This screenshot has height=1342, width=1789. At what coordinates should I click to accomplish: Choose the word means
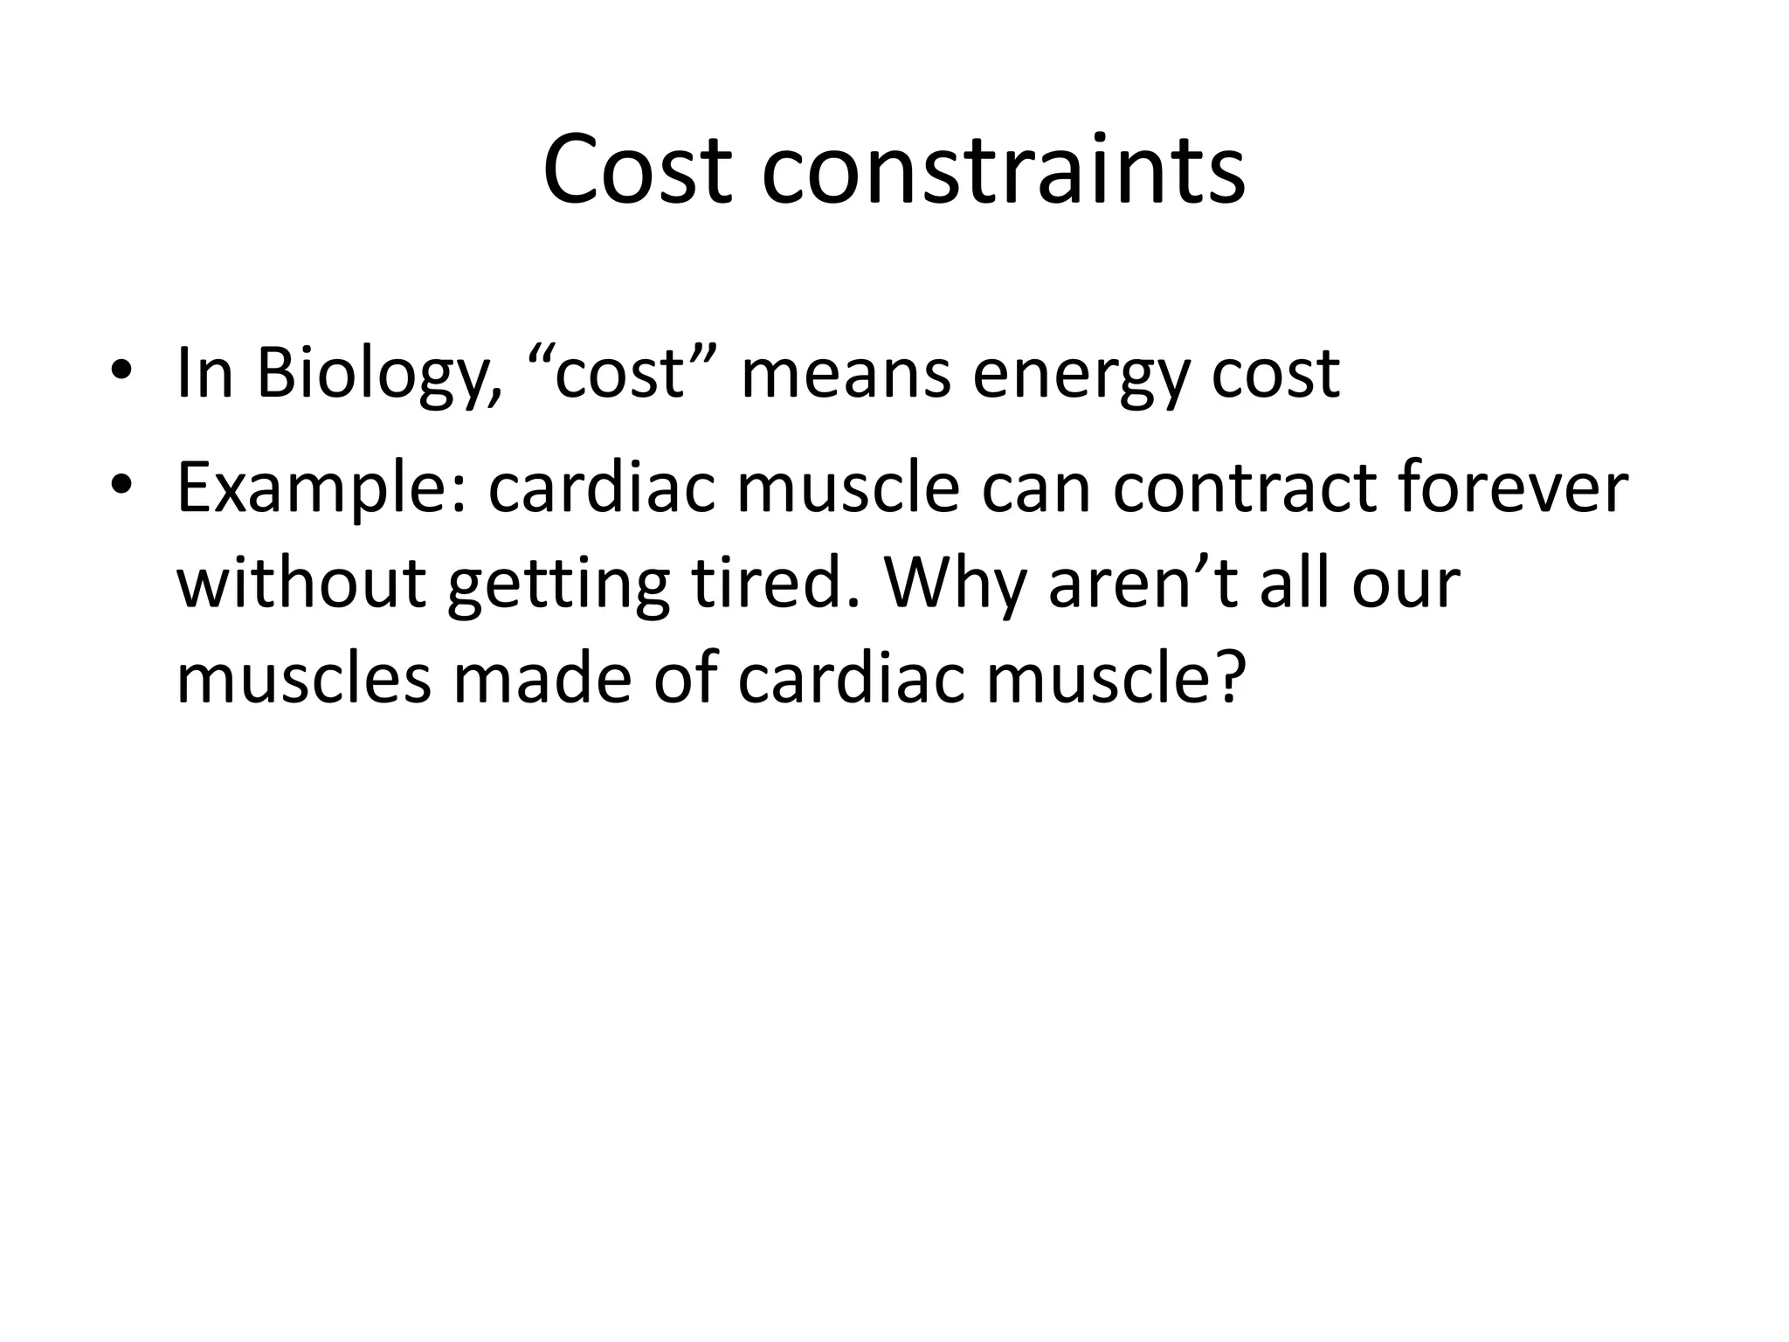point(845,374)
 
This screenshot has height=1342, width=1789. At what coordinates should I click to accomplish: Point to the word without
point(300,583)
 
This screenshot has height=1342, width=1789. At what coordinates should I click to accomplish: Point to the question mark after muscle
point(1224,679)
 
